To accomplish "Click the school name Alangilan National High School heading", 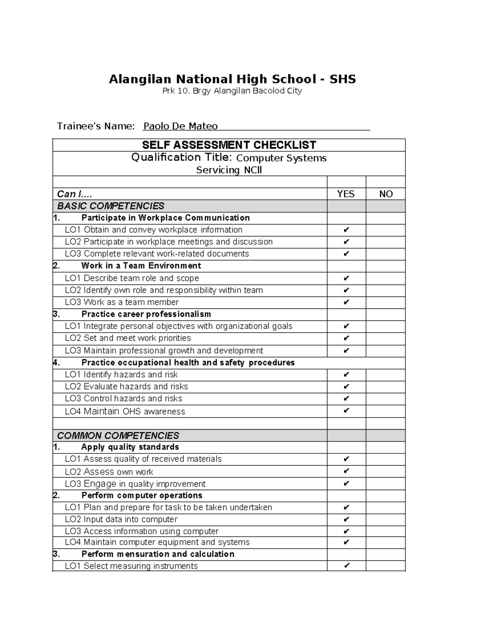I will pos(232,79).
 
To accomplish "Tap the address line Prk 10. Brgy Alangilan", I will pos(232,91).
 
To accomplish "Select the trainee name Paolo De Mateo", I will pos(180,126).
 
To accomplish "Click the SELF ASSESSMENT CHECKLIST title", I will pos(229,145).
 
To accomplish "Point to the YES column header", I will pos(346,194).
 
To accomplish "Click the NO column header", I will pos(386,194).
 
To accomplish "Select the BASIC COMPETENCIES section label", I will pos(111,206).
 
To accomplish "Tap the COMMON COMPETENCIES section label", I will pos(118,436).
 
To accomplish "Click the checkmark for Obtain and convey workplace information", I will pos(346,230).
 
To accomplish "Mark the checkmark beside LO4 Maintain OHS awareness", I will pos(346,411).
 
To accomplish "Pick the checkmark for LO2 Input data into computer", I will pos(346,520).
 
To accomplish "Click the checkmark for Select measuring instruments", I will pos(346,566).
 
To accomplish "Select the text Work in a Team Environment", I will pos(141,266).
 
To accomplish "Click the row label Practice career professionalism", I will pos(146,314).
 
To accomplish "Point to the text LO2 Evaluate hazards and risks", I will pos(126,387).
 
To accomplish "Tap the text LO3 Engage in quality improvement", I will pos(135,484).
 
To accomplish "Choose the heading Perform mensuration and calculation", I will pos(158,554).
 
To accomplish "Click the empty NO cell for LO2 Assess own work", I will pos(386,472).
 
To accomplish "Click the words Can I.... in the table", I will pos(74,194).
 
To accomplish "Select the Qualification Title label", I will pos(181,157).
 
